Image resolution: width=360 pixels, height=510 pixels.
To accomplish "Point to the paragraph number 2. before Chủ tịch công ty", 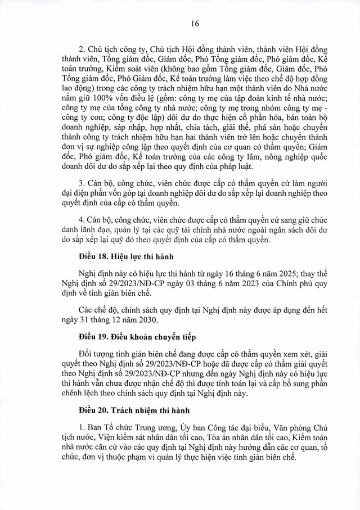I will point(82,47).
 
